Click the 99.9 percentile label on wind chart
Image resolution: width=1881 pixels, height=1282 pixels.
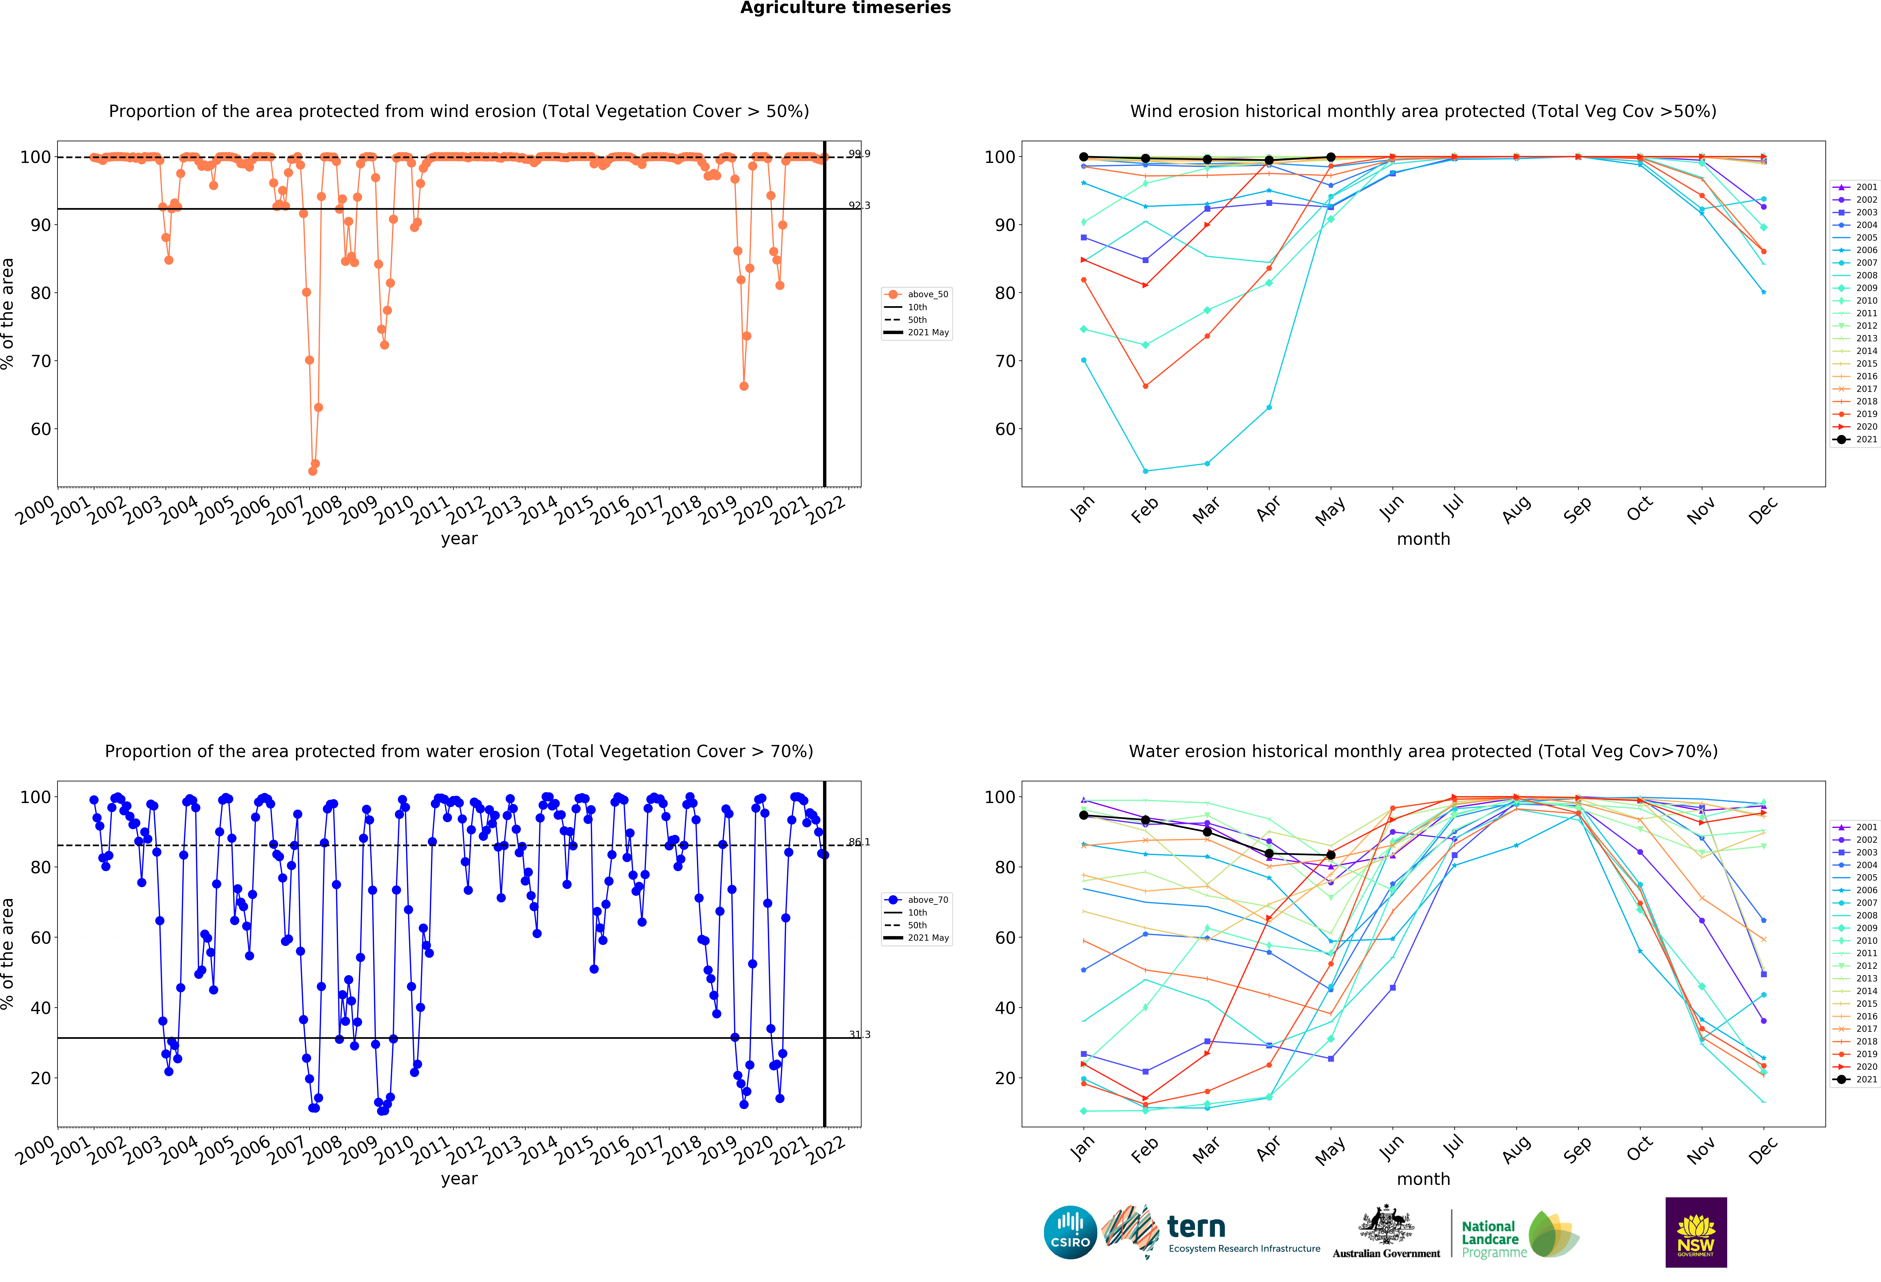859,154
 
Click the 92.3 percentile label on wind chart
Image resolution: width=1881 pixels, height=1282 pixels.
859,205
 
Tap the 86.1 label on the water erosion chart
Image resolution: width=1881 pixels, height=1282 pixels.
859,842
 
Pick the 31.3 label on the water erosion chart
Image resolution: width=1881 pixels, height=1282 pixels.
859,1034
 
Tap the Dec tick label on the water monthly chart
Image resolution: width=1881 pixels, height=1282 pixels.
1763,1149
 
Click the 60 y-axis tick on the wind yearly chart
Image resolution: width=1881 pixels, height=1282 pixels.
41,429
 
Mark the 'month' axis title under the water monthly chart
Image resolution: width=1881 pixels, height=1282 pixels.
1423,1178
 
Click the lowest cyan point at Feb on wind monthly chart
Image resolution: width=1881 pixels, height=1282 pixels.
1145,471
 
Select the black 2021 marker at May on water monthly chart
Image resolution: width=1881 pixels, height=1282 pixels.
1331,855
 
